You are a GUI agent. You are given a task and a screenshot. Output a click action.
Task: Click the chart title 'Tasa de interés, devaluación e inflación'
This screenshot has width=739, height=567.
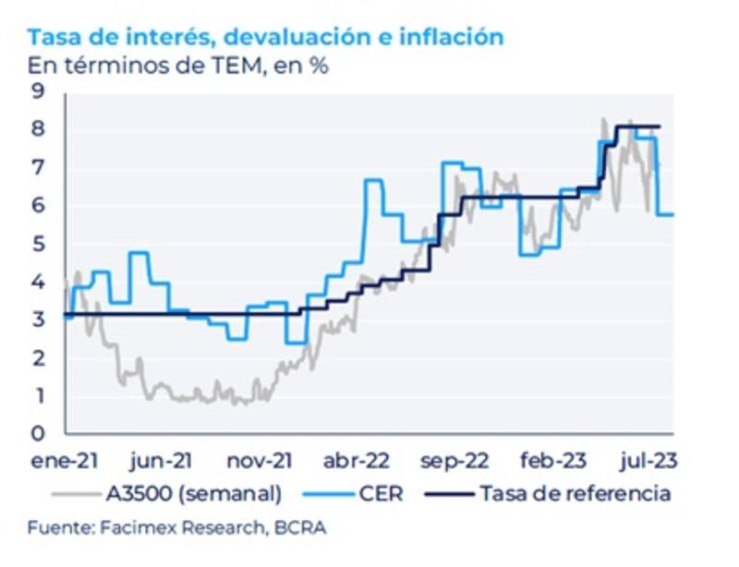coord(266,37)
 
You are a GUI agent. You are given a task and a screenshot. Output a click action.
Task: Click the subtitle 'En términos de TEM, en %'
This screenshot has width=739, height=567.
coord(178,66)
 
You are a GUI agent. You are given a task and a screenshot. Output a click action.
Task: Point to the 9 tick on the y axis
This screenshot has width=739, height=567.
coord(38,90)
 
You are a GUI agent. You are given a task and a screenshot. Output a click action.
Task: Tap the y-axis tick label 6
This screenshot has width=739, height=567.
coord(38,205)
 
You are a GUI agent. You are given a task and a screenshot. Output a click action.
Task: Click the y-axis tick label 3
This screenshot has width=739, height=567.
coord(38,320)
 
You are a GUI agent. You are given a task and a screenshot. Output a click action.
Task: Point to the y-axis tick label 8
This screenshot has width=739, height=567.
coord(38,129)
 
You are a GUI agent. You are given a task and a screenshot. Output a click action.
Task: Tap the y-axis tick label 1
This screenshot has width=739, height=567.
coord(38,395)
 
